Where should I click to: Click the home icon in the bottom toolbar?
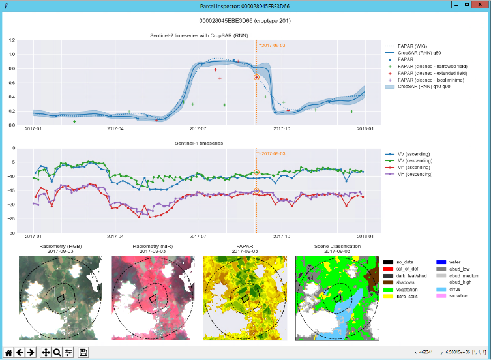click(x=8, y=352)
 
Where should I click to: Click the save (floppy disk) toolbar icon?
click(x=83, y=352)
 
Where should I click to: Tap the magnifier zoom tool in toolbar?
click(x=57, y=352)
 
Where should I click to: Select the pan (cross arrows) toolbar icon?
click(x=46, y=352)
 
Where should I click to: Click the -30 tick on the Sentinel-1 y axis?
click(x=10, y=233)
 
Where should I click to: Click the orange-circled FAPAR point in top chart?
click(x=257, y=77)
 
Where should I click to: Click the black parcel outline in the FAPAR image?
click(x=246, y=297)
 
